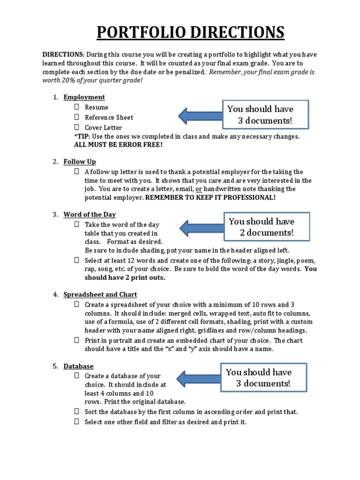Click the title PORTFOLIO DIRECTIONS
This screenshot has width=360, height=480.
point(190,33)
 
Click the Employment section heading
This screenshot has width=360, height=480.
point(84,97)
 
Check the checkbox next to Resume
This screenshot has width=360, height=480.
point(76,107)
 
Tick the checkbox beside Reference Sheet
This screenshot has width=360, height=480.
point(76,117)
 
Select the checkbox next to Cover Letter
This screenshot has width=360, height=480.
point(76,127)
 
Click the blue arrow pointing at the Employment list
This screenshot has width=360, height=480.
point(200,114)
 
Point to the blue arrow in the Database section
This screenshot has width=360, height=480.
point(199,378)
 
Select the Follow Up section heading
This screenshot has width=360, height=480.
point(80,162)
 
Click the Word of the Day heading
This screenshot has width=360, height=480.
point(90,215)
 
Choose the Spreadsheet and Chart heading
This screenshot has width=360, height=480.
point(100,294)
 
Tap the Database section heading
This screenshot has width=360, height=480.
point(79,366)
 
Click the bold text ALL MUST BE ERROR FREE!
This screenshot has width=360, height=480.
point(119,145)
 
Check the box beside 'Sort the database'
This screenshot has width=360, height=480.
point(76,412)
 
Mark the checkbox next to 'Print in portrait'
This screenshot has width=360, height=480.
point(76,340)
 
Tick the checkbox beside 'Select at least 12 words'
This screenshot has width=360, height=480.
point(76,260)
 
